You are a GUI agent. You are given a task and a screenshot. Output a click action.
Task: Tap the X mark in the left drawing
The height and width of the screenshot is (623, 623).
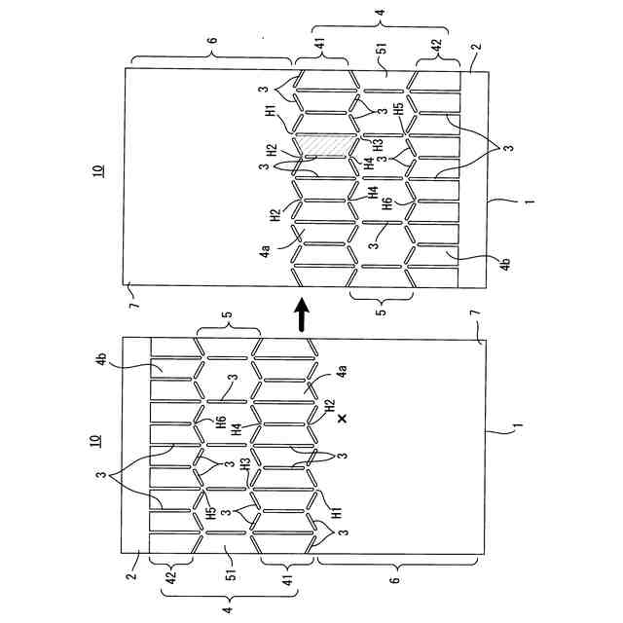tap(342, 419)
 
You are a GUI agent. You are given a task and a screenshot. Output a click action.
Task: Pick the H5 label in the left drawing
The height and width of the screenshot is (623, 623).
tap(211, 513)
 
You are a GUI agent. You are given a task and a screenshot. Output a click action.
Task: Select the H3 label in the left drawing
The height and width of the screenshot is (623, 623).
tap(245, 466)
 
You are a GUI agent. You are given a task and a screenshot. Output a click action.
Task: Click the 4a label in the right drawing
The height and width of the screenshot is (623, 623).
tap(265, 251)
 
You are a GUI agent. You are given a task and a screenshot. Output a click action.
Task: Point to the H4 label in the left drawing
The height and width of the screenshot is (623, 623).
tap(247, 427)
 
